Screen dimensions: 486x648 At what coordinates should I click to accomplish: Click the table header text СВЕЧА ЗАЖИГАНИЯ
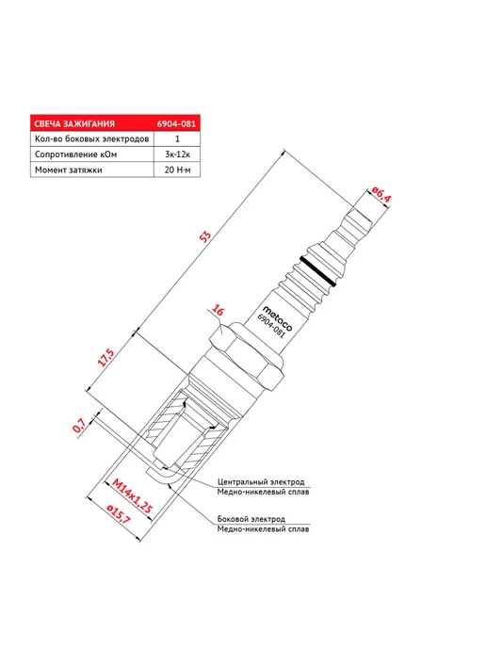pyautogui.click(x=74, y=123)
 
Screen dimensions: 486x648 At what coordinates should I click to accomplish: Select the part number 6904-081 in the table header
pyautogui.click(x=176, y=123)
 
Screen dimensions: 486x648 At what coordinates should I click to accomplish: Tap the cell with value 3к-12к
pyautogui.click(x=177, y=154)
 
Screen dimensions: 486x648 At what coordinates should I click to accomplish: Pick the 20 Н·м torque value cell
pyautogui.click(x=177, y=170)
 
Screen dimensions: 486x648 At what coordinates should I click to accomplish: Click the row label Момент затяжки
pyautogui.click(x=68, y=170)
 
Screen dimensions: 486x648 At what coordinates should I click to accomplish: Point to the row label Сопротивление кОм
pyautogui.click(x=75, y=154)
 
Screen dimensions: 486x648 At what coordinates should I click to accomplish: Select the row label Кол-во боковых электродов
pyautogui.click(x=91, y=138)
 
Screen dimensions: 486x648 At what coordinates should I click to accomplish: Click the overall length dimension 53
pyautogui.click(x=205, y=236)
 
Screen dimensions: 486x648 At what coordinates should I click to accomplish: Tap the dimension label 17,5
pyautogui.click(x=105, y=358)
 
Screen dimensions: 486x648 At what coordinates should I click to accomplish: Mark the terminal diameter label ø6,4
pyautogui.click(x=381, y=195)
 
